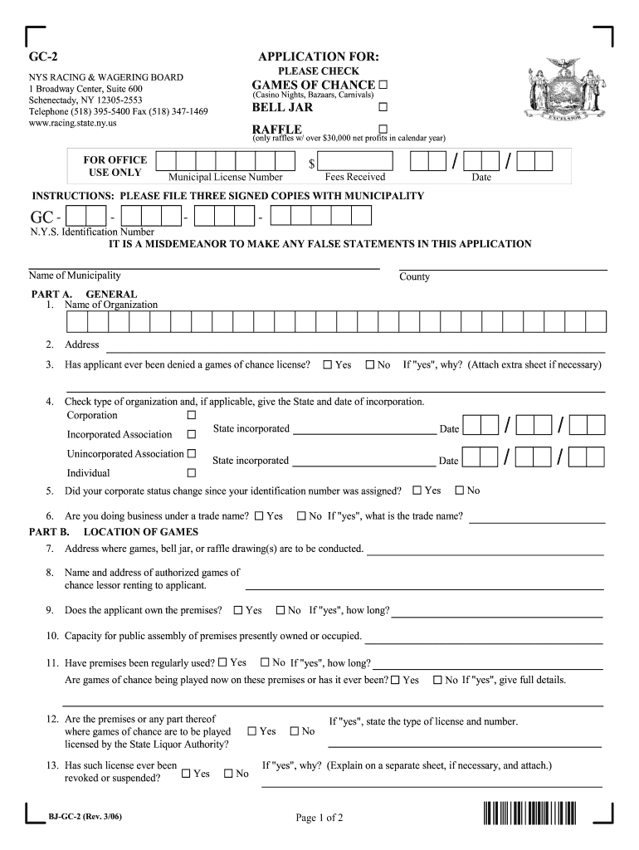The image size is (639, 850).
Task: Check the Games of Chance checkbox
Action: coord(383,85)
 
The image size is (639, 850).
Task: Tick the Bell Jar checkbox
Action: coord(383,108)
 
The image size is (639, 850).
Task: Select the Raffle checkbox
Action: coord(383,129)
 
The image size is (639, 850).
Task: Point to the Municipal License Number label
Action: coord(226,177)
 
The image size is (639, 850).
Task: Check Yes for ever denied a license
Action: coord(328,365)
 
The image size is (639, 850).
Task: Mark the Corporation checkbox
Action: coord(192,415)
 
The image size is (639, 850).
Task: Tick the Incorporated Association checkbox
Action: coord(192,434)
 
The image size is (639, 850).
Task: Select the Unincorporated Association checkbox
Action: coord(192,453)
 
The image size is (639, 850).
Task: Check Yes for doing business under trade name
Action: coord(260,516)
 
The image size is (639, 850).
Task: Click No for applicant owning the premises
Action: coord(280,610)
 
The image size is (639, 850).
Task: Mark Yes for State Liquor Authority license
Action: coord(252,731)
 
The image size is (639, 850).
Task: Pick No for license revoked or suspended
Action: coord(227,774)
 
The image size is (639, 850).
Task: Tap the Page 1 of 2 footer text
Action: coord(319,818)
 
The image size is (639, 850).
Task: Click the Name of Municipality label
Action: coord(75,276)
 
